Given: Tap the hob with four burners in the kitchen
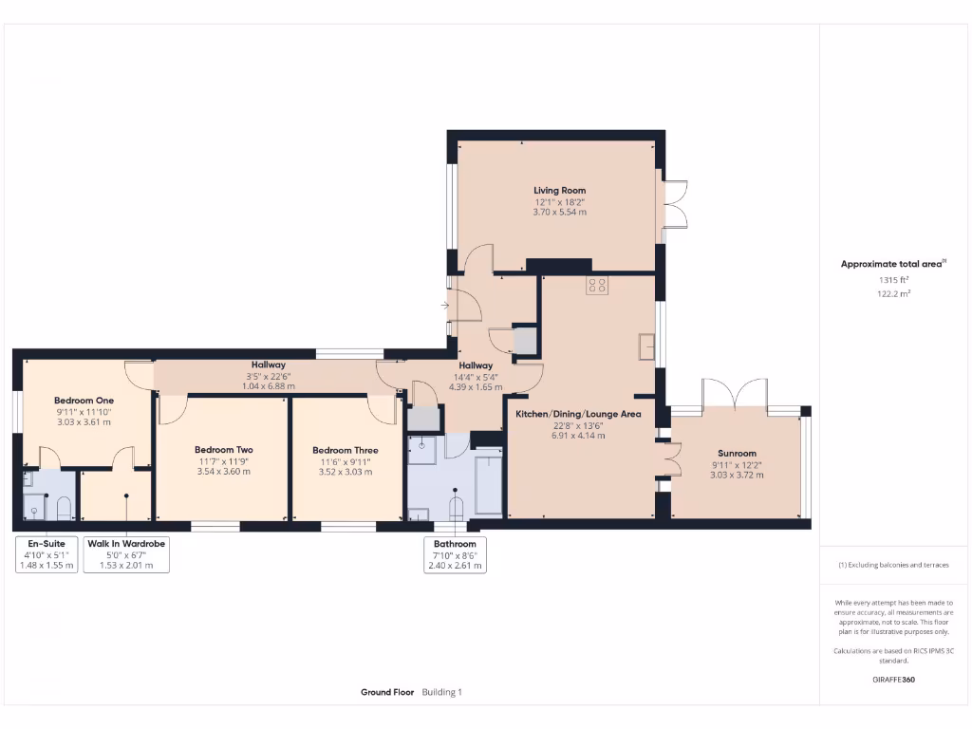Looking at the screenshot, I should (x=597, y=286).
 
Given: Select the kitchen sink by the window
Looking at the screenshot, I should (x=647, y=346).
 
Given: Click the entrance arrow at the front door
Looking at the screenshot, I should (x=446, y=306).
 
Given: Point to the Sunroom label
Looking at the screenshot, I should (x=737, y=454).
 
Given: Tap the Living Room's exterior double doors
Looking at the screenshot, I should (x=675, y=204).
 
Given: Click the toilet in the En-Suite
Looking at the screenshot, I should (x=64, y=510).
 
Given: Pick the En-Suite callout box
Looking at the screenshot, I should (x=47, y=554).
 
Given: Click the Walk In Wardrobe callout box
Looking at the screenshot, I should (x=126, y=554).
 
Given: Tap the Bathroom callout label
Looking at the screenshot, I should (x=455, y=554).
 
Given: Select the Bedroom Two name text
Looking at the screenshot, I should (x=223, y=450).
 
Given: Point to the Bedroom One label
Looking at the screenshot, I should (x=84, y=401).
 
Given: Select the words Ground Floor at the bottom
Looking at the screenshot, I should (x=387, y=693).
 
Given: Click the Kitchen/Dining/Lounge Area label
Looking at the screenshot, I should (x=578, y=414).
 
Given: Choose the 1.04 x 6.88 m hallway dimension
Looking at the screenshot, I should (x=269, y=386).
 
